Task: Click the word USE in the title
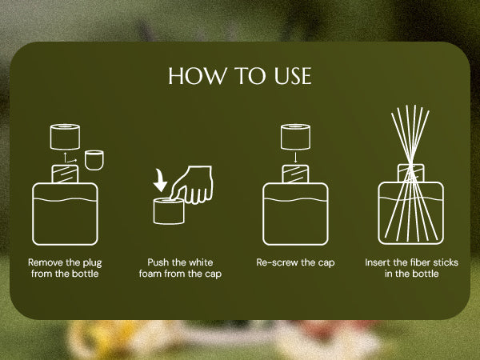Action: coord(293,76)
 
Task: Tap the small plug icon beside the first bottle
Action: coord(94,160)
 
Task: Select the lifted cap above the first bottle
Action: coord(66,137)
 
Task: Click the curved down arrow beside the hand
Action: coord(160,181)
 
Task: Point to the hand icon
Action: coord(192,184)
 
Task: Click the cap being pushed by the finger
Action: coord(169,211)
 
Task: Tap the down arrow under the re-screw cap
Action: coord(295,158)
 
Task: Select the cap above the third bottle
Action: coord(295,137)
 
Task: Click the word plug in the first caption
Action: coord(92,263)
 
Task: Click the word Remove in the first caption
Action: coord(46,262)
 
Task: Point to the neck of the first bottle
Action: coord(66,174)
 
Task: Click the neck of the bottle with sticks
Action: coord(411,173)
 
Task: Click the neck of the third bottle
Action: coord(295,174)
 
